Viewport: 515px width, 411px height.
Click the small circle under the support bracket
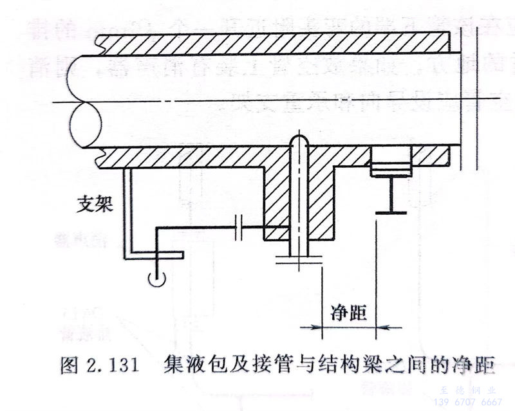(154, 278)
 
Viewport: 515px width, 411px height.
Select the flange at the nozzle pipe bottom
(299, 259)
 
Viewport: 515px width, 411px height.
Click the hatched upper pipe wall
(270, 43)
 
